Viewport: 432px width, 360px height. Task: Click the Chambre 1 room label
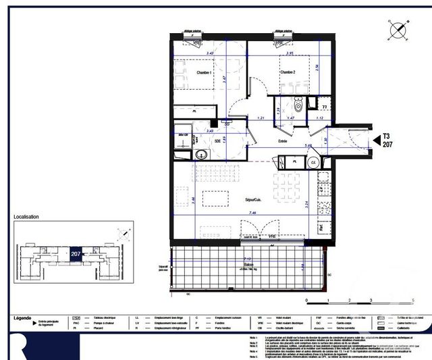tap(205, 72)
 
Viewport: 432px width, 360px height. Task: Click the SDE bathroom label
tap(218, 140)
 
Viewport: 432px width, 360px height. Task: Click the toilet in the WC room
tap(298, 105)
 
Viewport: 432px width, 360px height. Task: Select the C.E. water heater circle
tap(314, 162)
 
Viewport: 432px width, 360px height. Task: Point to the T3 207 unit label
tap(387, 139)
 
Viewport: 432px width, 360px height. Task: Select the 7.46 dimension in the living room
tap(252, 213)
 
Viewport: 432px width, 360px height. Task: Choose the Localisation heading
tap(26, 217)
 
